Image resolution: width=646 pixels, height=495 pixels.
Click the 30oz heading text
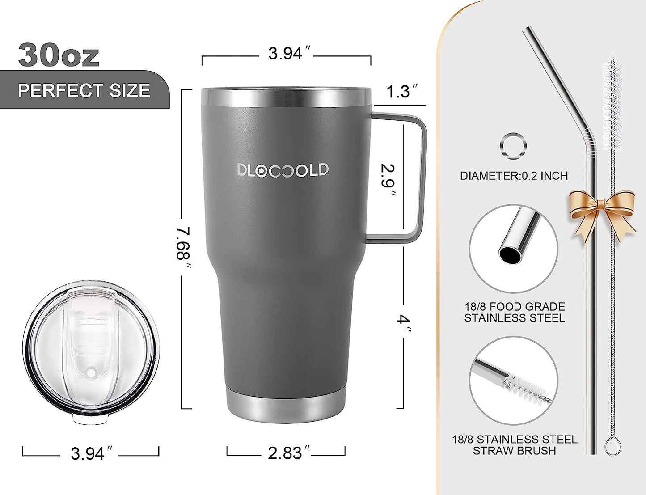[x=59, y=55]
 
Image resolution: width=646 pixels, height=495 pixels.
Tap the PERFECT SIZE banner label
[x=84, y=91]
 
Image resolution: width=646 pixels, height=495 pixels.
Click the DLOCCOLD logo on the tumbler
[x=283, y=170]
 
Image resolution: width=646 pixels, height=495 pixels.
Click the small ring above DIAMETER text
[x=513, y=146]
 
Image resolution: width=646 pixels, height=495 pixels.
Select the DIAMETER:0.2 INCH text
[x=514, y=176]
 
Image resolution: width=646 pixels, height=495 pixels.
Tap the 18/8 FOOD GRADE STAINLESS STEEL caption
[x=514, y=312]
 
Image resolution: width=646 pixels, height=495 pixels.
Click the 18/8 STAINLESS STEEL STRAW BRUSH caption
[x=514, y=445]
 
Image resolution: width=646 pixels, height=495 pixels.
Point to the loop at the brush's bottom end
[x=612, y=446]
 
